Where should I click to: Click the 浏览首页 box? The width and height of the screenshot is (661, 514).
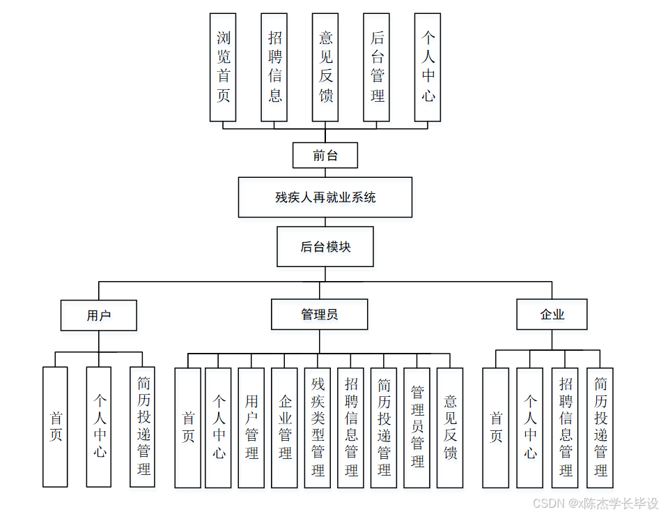[224, 67]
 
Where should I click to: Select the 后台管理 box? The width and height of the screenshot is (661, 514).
[377, 67]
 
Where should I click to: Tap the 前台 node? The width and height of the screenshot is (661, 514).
[325, 156]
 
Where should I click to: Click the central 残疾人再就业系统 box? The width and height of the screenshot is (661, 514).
[325, 197]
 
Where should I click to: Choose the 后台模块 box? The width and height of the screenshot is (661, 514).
[325, 246]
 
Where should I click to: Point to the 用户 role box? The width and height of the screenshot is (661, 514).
[98, 315]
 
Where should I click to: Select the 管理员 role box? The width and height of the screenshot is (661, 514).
[319, 315]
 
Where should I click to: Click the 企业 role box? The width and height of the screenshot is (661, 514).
[552, 315]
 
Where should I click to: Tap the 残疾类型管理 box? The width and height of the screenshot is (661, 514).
[318, 428]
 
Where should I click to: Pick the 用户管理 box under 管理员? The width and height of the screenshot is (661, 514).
[251, 428]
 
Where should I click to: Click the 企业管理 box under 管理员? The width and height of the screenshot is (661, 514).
[285, 428]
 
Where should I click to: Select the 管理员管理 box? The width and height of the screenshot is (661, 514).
[417, 428]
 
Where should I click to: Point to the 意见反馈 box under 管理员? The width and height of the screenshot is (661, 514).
[450, 428]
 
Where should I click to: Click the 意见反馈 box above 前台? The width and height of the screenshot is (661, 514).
[326, 67]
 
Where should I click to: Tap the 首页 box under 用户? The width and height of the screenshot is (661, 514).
[56, 427]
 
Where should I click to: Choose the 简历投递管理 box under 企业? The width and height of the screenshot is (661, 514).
[600, 428]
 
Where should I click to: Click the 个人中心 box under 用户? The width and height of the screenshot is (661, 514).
[99, 427]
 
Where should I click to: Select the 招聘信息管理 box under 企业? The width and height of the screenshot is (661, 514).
[565, 428]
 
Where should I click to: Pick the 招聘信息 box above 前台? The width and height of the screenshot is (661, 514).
[274, 67]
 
